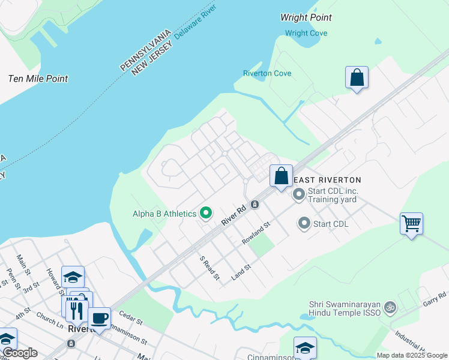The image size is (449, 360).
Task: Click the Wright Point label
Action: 306,17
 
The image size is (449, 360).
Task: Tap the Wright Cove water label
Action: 306,33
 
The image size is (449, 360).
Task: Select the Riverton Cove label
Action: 267,73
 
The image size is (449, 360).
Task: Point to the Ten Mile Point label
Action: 38,79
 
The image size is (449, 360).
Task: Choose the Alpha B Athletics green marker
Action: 206,213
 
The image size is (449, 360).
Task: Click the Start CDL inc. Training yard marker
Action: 299,195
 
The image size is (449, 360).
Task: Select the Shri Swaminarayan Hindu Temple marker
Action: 390,307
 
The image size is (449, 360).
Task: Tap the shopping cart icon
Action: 411,224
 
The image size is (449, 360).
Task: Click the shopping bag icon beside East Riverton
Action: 281,176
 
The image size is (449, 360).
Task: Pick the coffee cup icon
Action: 99,318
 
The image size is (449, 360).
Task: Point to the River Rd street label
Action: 234,214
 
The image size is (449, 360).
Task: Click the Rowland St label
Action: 257,233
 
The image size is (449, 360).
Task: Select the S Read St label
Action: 210,268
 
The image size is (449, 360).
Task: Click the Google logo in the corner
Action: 20,353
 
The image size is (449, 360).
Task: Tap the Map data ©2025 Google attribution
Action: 411,355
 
